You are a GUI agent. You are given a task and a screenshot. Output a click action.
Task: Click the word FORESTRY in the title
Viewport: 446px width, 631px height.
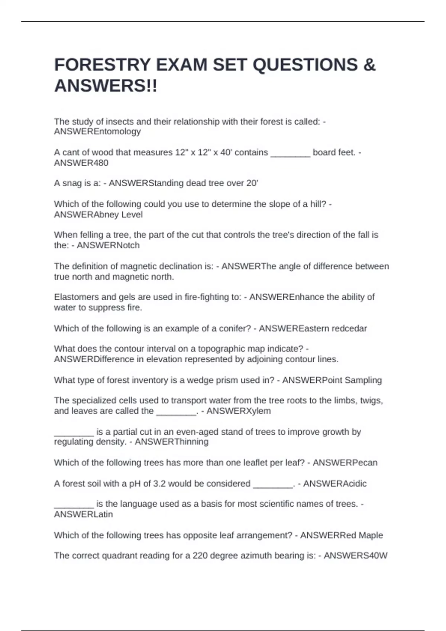pos(102,65)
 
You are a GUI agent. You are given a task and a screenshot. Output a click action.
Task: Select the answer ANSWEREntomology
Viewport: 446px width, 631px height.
pos(97,131)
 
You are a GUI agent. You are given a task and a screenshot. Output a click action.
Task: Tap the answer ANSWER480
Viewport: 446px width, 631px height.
pos(81,163)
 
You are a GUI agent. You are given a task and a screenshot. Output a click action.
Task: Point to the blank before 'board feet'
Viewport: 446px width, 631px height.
pos(290,153)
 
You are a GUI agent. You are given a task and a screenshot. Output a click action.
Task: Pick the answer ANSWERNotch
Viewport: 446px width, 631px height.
pos(108,245)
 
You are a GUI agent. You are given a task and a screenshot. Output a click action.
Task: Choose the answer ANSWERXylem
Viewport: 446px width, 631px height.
pos(238,411)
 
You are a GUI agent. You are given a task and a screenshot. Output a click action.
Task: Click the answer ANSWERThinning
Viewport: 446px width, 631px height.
pos(171,442)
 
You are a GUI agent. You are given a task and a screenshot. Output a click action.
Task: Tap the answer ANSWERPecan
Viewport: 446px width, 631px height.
pos(345,462)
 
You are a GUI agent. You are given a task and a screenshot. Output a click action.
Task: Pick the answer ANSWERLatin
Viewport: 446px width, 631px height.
pos(83,514)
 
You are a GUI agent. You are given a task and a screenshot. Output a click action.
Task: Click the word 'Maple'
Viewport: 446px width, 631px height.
pos(371,535)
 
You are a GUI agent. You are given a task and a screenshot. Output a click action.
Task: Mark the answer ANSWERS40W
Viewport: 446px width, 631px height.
pos(355,556)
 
